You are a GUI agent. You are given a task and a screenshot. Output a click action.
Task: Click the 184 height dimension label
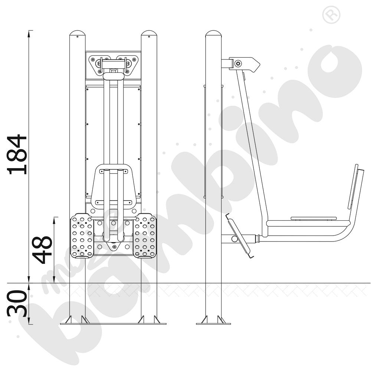coord(17,155)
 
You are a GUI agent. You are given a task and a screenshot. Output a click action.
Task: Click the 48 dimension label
coord(42,249)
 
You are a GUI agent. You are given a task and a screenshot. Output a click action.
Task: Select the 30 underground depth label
coord(17,303)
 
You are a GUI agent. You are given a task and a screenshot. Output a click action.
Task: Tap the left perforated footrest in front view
coord(82,236)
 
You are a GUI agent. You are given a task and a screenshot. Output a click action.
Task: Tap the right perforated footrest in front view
coord(145,236)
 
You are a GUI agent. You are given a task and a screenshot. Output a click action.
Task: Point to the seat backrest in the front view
coord(113,187)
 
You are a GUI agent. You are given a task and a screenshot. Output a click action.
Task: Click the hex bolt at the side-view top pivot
coord(238,63)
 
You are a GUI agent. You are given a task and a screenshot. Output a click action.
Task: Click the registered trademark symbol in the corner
coord(331,15)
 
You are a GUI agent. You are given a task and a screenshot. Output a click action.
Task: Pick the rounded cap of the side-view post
coord(213,33)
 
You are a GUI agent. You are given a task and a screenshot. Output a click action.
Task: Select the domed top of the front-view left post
coord(78,33)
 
